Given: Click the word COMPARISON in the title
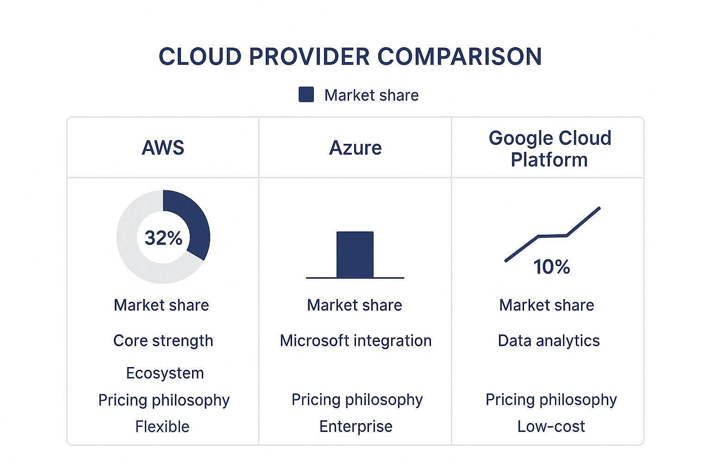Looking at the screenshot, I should (459, 57).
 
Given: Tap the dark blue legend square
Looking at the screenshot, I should (306, 94).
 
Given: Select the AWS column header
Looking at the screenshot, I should (163, 148).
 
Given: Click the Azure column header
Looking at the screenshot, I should (355, 148).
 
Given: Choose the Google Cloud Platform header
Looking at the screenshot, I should (549, 149).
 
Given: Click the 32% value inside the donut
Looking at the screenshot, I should (163, 238).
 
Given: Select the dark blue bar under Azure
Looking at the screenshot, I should (355, 255).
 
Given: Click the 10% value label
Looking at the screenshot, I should (551, 267).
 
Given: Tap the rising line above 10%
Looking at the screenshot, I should (553, 236).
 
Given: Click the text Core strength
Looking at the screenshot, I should (163, 341).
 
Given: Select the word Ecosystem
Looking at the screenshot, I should (165, 373).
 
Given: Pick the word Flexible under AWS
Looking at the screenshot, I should (162, 426).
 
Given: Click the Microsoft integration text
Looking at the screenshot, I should (355, 341).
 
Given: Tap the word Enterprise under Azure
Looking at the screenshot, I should (355, 426).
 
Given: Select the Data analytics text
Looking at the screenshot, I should (549, 341).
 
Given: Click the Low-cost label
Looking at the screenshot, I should (551, 426).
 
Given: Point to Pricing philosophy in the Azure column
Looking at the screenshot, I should (357, 399).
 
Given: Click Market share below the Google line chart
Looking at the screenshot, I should (547, 305).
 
